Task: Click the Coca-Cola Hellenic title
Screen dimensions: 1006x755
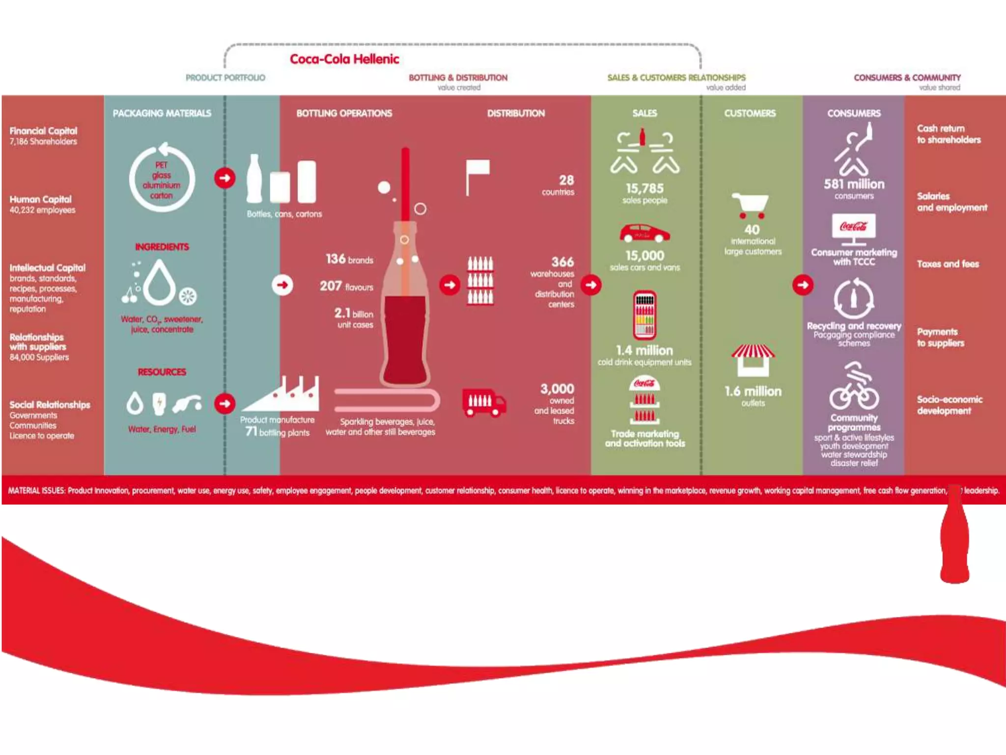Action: [x=344, y=59]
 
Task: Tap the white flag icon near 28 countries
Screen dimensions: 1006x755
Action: [x=477, y=176]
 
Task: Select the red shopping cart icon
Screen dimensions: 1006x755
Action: [x=750, y=205]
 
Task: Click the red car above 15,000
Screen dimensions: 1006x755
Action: [x=644, y=233]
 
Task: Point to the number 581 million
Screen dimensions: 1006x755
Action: [x=854, y=184]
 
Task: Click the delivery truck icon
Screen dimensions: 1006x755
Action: [x=483, y=403]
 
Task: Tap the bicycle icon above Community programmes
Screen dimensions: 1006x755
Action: [x=854, y=393]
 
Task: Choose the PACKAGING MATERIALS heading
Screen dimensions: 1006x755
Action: [x=162, y=114]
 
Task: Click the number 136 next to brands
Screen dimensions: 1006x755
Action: [x=335, y=259]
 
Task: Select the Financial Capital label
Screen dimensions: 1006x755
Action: [x=43, y=131]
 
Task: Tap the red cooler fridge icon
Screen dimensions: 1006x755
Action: [x=644, y=315]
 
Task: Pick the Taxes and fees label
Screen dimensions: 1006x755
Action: [x=948, y=264]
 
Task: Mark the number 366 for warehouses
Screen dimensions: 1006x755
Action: [x=562, y=262]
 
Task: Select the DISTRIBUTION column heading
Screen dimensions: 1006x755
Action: [x=516, y=114]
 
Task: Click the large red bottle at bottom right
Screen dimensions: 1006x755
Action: [x=954, y=541]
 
